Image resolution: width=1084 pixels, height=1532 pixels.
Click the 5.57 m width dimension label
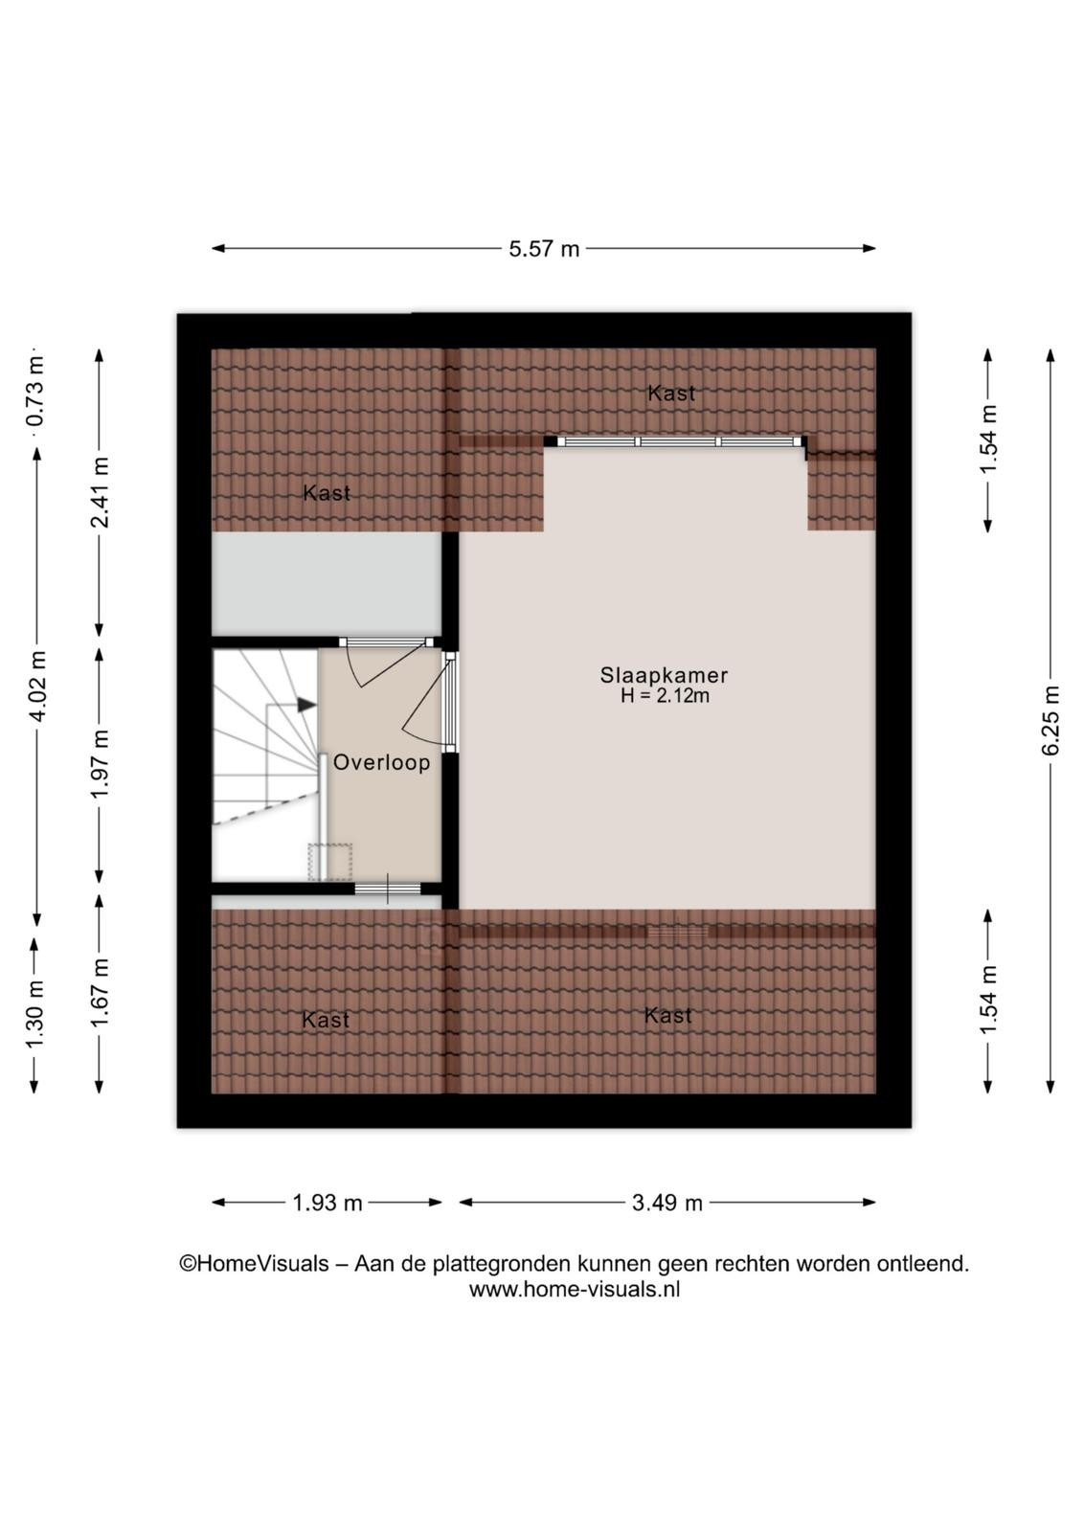(x=544, y=249)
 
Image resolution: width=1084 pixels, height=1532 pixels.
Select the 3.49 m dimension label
(x=666, y=1203)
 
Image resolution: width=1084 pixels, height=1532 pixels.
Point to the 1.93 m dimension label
(x=327, y=1203)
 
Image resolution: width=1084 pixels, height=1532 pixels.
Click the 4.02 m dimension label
(x=37, y=686)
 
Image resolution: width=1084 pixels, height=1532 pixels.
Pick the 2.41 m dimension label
(x=100, y=492)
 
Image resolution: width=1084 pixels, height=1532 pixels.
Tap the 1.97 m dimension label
(x=100, y=763)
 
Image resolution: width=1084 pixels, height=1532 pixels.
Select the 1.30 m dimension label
(x=34, y=1014)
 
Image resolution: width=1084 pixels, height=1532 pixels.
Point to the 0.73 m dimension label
(x=34, y=391)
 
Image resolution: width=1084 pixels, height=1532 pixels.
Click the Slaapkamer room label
(x=664, y=675)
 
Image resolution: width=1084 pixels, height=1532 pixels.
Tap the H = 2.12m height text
(x=664, y=697)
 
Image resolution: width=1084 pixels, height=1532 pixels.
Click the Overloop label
(x=382, y=762)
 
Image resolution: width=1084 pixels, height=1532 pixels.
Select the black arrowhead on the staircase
(x=306, y=705)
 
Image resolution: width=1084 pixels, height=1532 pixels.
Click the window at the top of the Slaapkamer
(x=678, y=441)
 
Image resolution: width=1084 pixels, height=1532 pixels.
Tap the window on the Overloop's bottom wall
(x=388, y=889)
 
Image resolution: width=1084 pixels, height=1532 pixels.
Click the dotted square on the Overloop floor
(x=329, y=863)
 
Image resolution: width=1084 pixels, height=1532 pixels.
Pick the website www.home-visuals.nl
(x=575, y=1290)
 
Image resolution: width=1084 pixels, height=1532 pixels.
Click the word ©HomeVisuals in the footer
(x=255, y=1263)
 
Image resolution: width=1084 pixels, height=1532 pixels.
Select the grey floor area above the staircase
(x=327, y=584)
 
